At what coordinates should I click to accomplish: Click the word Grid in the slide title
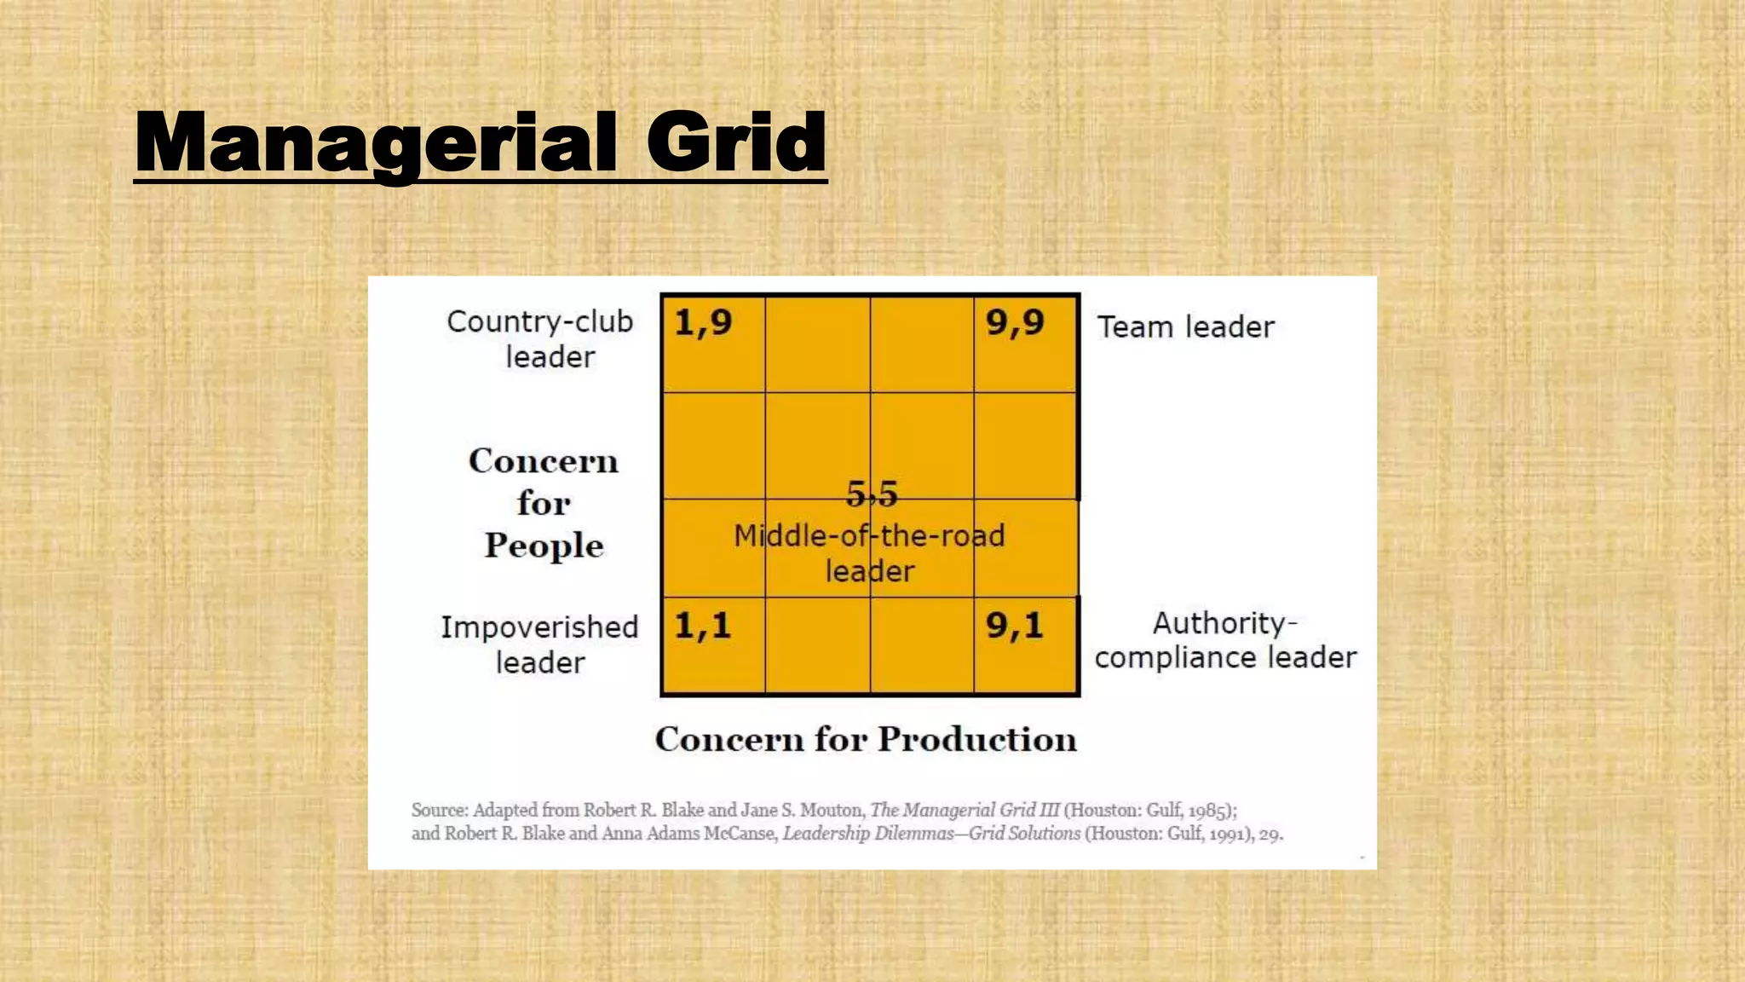click(x=736, y=142)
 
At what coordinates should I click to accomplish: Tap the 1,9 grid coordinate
click(x=703, y=323)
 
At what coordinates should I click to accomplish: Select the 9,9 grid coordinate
click(x=1015, y=323)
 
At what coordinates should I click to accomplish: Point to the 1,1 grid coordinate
click(x=703, y=627)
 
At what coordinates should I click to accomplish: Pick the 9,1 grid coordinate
click(x=1015, y=627)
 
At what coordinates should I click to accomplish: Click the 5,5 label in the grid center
click(x=872, y=494)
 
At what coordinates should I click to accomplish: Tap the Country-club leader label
click(x=540, y=338)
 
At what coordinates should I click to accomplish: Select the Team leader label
click(x=1185, y=327)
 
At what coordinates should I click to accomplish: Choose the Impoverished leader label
click(x=539, y=644)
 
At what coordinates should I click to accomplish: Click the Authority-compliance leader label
click(x=1225, y=640)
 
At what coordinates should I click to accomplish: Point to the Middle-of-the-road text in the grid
click(x=869, y=536)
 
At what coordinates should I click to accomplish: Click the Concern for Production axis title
click(x=866, y=739)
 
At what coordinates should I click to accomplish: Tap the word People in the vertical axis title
click(x=544, y=546)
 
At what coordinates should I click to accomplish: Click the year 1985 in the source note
click(x=1208, y=810)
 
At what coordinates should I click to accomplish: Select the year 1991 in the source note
click(x=1229, y=834)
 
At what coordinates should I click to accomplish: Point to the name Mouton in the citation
click(x=831, y=810)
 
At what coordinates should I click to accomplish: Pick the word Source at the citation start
click(x=439, y=810)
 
